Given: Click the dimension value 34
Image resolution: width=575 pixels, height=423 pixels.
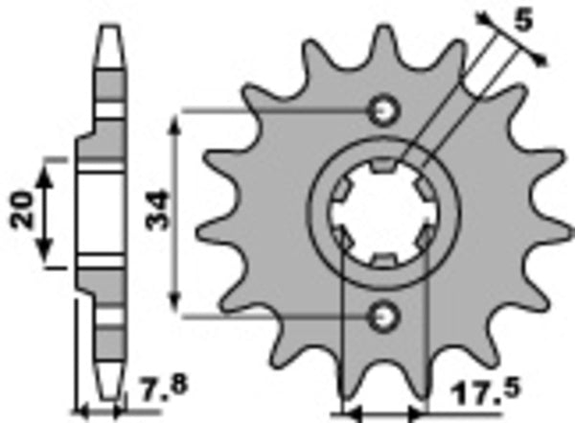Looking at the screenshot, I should (x=158, y=213).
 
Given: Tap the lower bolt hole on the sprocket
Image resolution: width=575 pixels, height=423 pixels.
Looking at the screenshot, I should (x=385, y=314).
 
